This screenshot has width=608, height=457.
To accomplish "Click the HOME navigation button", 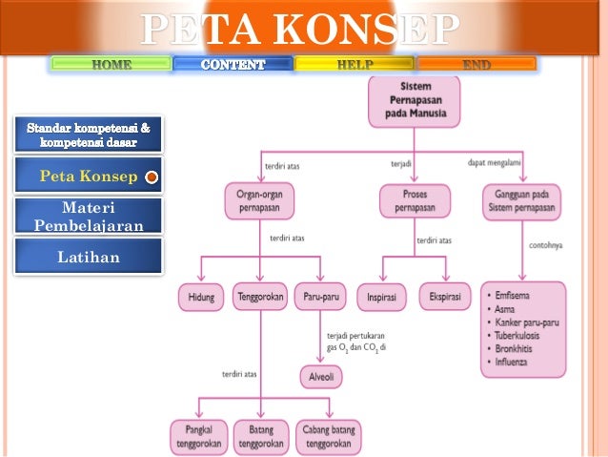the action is pos(111,64).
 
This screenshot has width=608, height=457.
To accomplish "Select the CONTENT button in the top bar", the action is pos(233,64).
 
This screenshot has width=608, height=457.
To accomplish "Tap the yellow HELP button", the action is pos(355,64).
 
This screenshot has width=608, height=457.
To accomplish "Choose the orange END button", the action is pos(476,64).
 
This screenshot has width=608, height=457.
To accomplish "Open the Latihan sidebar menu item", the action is pos(88,256).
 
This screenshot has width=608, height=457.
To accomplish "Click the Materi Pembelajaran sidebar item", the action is pos(88,217).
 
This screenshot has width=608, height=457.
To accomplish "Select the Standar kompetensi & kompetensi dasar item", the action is pos(88,135).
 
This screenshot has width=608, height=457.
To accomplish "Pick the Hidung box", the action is pos(201,297).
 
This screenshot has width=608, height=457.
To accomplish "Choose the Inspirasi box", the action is pos(381,297).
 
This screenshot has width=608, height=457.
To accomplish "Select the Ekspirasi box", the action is pos(445,297).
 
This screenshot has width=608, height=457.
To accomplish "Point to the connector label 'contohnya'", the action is pos(546,245).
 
